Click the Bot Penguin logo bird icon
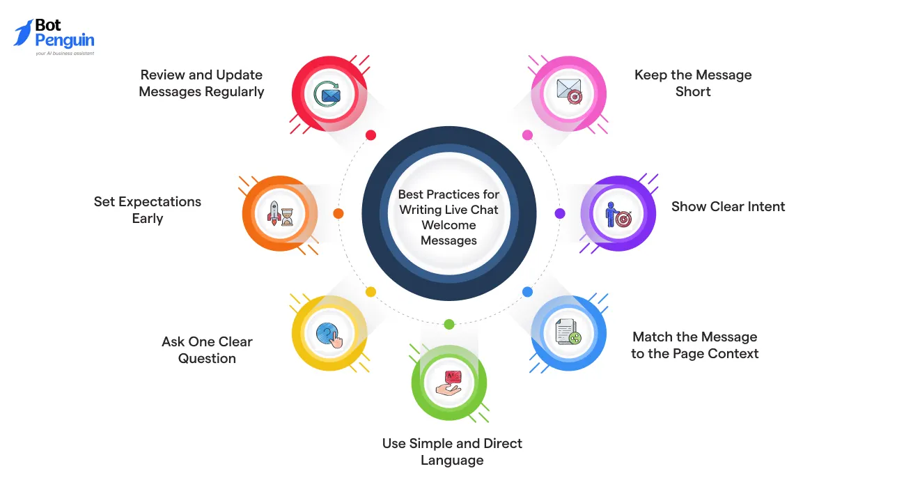click(x=23, y=33)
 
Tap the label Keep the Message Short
click(x=693, y=83)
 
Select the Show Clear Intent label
click(x=728, y=206)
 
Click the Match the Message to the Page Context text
click(x=694, y=345)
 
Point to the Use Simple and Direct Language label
click(x=452, y=452)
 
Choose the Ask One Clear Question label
click(x=207, y=350)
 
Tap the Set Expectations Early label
click(x=148, y=210)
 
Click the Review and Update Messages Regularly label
click(x=201, y=83)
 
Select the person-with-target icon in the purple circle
click(x=618, y=214)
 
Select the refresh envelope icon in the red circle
click(x=327, y=94)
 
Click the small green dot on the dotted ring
click(x=449, y=324)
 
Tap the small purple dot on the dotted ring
click(x=560, y=213)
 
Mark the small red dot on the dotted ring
click(x=371, y=135)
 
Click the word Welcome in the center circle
click(x=448, y=225)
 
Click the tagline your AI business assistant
click(x=65, y=53)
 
